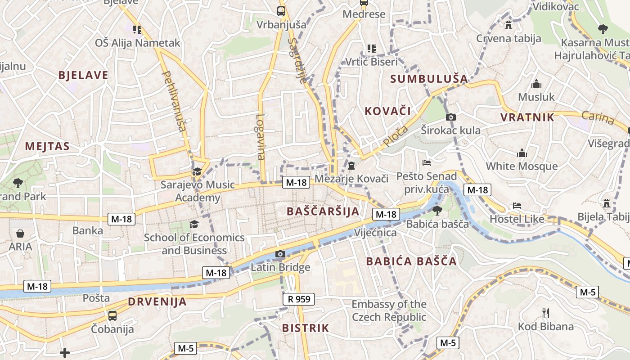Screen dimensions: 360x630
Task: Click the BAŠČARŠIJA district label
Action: tap(323, 211)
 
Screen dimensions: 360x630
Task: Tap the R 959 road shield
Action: tap(299, 299)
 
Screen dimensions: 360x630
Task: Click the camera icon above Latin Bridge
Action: tap(280, 254)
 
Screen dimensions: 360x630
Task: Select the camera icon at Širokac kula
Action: tap(450, 117)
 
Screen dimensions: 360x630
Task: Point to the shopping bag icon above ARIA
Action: tap(20, 234)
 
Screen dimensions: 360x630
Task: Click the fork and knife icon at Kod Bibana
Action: tap(545, 313)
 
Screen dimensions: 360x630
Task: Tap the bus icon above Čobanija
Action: tap(112, 315)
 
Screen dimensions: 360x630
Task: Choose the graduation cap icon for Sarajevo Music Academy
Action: tap(197, 171)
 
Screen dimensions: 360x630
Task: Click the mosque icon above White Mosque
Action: tap(522, 153)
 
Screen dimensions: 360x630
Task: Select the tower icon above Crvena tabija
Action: tap(508, 25)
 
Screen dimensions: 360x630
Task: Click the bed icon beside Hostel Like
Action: tap(517, 206)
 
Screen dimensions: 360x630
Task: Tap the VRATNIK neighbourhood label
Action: tap(527, 117)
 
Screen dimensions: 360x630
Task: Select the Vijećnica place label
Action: tap(375, 233)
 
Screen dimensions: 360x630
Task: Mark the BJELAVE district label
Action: tap(83, 75)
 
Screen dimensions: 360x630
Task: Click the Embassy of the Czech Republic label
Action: tap(389, 310)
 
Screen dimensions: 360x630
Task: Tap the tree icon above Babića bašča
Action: tap(436, 210)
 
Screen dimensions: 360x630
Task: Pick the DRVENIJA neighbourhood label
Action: tap(157, 301)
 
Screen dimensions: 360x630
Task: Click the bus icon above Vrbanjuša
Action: tap(281, 11)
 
